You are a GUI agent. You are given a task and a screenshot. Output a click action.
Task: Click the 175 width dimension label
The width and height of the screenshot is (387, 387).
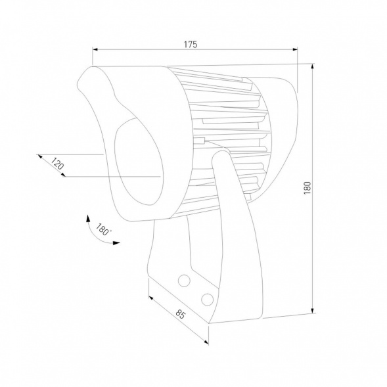(191, 45)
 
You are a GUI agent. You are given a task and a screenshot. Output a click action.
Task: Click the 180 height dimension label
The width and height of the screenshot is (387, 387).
(307, 188)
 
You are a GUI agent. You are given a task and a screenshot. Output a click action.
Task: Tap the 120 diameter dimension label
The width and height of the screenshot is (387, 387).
(57, 163)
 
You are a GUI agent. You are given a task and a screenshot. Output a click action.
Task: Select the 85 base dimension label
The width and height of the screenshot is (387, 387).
(180, 314)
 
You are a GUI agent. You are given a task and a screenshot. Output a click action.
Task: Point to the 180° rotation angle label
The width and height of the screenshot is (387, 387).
(102, 229)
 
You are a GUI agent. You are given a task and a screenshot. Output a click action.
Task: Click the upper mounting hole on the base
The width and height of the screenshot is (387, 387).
(184, 281)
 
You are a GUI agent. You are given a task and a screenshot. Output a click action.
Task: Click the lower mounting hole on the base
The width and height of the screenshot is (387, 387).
(208, 300)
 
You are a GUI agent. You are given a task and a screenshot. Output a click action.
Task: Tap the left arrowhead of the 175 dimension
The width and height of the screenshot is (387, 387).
(95, 49)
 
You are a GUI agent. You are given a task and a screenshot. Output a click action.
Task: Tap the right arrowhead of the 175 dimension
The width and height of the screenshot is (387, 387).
(295, 49)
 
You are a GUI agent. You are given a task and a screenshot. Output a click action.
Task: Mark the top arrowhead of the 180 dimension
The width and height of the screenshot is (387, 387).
(313, 66)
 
